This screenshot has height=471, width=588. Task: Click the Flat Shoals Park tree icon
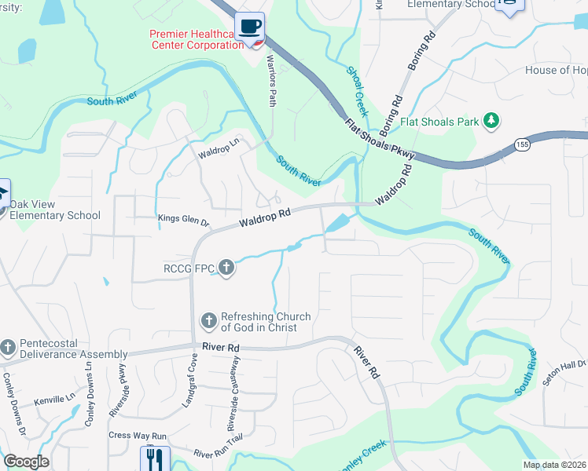click(x=492, y=121)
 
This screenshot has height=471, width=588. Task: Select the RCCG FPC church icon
click(x=226, y=268)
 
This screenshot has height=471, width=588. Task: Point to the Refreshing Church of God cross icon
click(x=209, y=320)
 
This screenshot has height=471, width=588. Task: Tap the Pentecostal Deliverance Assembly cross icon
click(x=8, y=347)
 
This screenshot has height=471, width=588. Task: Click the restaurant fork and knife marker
click(x=154, y=459)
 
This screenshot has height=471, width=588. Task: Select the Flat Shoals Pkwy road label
click(x=377, y=140)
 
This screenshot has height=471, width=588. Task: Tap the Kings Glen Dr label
click(x=184, y=221)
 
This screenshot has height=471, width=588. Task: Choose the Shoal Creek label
click(x=358, y=91)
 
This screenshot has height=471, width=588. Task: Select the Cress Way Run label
click(x=138, y=436)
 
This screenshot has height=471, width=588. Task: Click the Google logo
click(x=25, y=462)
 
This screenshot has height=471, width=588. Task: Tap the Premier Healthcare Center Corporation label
click(x=197, y=39)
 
